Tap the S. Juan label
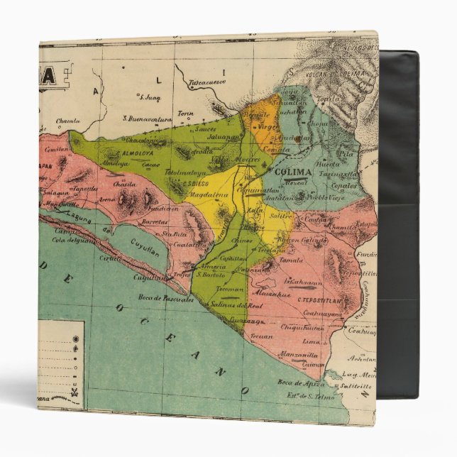[150, 97]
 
